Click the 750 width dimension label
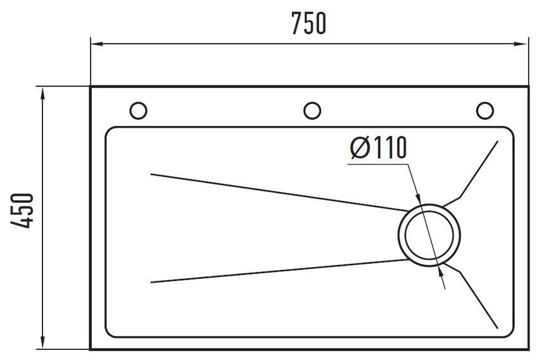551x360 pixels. [309, 23]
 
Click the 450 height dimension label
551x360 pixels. [22, 210]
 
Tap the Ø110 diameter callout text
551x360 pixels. [379, 147]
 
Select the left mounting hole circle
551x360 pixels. [138, 111]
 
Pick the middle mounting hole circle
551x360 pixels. [312, 111]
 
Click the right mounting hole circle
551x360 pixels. [485, 111]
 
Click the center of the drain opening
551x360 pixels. [429, 235]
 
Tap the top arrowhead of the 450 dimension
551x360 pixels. [42, 94]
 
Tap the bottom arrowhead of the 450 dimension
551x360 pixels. [42, 342]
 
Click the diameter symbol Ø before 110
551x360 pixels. [360, 147]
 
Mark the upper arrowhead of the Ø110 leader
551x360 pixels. [419, 198]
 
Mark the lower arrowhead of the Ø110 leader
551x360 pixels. [440, 271]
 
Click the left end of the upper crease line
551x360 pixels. [151, 174]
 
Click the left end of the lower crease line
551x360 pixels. [151, 282]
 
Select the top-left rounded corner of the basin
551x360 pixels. [109, 131]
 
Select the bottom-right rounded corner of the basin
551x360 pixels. [510, 333]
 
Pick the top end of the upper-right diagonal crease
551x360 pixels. [497, 141]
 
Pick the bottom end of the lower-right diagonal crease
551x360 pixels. [497, 328]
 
